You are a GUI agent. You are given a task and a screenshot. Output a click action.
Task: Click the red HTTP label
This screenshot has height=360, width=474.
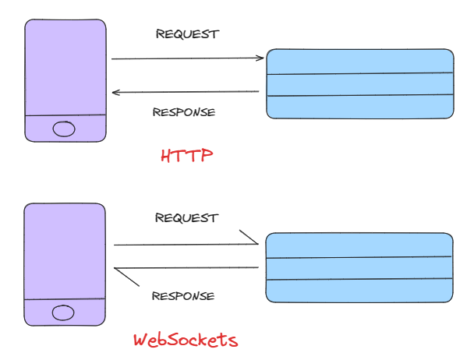point(186,156)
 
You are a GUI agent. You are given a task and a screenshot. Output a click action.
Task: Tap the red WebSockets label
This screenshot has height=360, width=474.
point(185,341)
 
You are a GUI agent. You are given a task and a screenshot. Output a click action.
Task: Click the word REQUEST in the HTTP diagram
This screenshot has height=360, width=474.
point(187,34)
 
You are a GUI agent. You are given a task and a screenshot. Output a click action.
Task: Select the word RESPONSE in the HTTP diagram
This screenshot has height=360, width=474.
point(183,112)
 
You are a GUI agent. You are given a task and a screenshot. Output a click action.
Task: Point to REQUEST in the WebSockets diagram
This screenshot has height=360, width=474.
point(186,218)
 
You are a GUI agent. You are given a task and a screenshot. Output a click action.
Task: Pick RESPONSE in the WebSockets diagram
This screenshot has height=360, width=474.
point(182,296)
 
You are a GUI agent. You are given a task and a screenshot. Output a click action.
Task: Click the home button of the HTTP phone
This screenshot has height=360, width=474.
point(64,129)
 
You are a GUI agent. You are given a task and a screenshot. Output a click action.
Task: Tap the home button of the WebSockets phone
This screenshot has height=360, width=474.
point(63,312)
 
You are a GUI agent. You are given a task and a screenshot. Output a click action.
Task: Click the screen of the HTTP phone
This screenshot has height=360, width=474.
point(65,68)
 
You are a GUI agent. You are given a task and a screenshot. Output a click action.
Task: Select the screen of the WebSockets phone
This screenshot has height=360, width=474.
point(64,252)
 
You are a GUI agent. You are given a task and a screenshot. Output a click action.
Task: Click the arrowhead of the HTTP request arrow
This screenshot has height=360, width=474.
point(261,58)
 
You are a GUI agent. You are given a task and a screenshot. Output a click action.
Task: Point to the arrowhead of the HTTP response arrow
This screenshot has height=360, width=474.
point(115,93)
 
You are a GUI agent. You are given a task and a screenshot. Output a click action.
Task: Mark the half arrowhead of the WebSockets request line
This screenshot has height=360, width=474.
point(249,237)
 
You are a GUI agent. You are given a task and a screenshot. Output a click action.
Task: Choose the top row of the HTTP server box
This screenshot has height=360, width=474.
point(359,62)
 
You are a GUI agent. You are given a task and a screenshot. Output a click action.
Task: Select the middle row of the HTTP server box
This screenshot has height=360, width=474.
point(359,84)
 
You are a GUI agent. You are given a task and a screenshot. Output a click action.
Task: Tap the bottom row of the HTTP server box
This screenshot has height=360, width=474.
point(359,107)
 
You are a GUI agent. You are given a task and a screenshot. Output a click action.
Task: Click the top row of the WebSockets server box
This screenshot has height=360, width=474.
point(359,245)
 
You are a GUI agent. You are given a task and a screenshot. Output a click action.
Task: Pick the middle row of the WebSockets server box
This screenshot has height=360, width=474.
point(359,268)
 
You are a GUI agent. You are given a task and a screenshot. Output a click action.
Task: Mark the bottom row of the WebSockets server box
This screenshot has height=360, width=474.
point(359,291)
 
